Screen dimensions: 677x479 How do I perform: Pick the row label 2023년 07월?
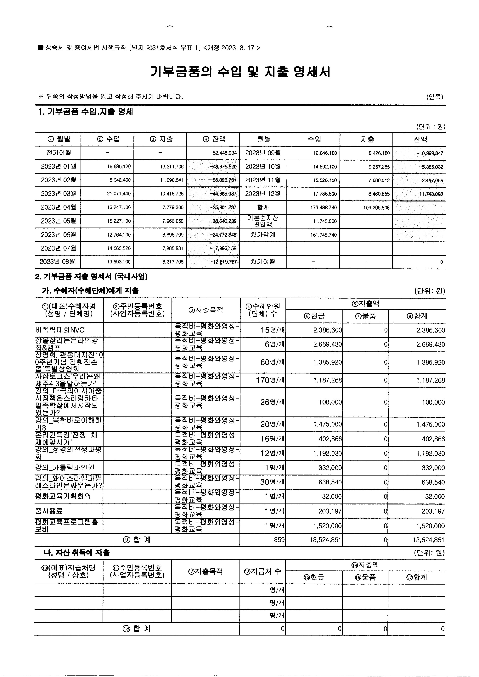[x=59, y=248]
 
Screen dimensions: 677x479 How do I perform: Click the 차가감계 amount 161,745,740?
[x=324, y=235]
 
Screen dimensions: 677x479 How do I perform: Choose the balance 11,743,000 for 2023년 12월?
[x=431, y=194]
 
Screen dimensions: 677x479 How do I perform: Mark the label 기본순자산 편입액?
[x=263, y=221]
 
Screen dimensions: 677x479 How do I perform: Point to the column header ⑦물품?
[x=365, y=316]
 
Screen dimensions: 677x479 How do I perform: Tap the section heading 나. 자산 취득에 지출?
[x=76, y=553]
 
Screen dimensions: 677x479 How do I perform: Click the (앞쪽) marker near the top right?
[x=435, y=97]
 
